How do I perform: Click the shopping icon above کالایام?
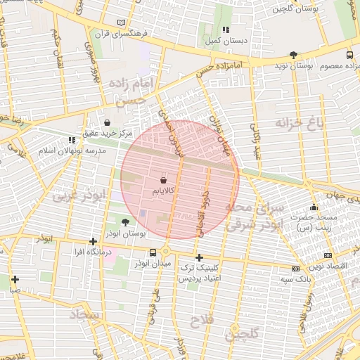163,180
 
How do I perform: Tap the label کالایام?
163,191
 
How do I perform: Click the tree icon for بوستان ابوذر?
126,222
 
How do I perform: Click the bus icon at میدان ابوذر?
153,253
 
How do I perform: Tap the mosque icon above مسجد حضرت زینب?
314,207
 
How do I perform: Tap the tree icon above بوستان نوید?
293,55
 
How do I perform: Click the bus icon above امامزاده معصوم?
349,55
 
